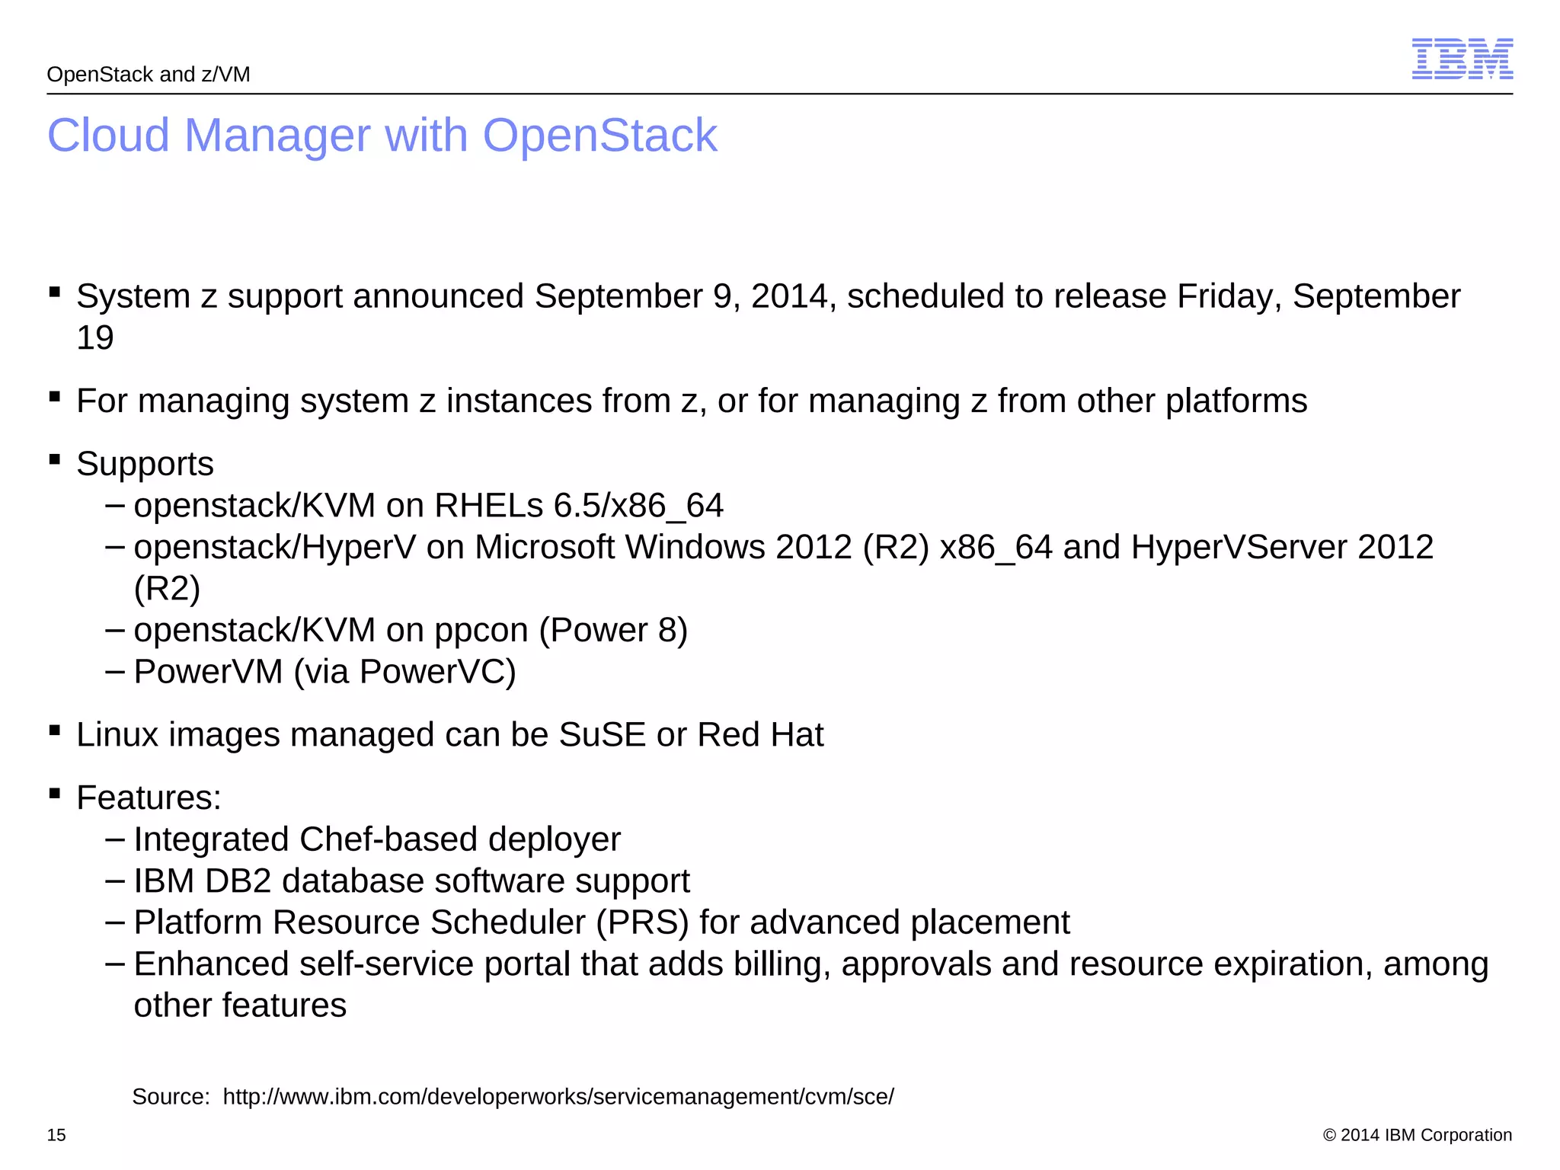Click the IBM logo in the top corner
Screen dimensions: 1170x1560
pos(1462,59)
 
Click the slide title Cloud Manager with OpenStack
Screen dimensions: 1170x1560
pos(382,136)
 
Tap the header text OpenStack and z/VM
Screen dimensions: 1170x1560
pos(149,75)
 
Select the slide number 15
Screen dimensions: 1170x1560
pos(56,1135)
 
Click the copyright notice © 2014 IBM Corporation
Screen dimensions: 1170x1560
pos(1417,1135)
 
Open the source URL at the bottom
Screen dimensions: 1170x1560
pos(558,1097)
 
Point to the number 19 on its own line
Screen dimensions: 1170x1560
pos(95,337)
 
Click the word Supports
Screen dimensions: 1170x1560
pos(145,464)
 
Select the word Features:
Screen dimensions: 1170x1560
pos(149,798)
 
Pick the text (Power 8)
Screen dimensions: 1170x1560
pos(612,631)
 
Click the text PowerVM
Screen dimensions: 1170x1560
pos(208,672)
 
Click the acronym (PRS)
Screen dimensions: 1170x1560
pos(642,922)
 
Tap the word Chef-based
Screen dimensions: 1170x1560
pos(388,839)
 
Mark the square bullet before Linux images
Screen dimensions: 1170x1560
pos(54,730)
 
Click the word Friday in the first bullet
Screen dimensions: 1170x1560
pos(1229,296)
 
